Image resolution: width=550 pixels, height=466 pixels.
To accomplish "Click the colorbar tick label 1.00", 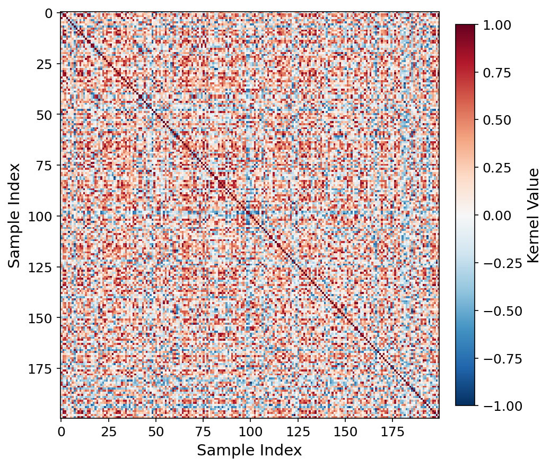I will (496, 25).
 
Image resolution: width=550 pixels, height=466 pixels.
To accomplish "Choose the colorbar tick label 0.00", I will (496, 215).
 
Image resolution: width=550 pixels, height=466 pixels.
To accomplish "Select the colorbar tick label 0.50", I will (496, 120).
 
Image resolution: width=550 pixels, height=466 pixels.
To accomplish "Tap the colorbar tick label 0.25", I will (496, 168).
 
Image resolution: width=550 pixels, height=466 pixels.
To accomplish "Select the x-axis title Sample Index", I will (249, 451).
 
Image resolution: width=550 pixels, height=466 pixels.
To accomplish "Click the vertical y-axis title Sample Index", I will (14, 215).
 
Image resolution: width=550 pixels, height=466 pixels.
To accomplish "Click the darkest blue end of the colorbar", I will (465, 404).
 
